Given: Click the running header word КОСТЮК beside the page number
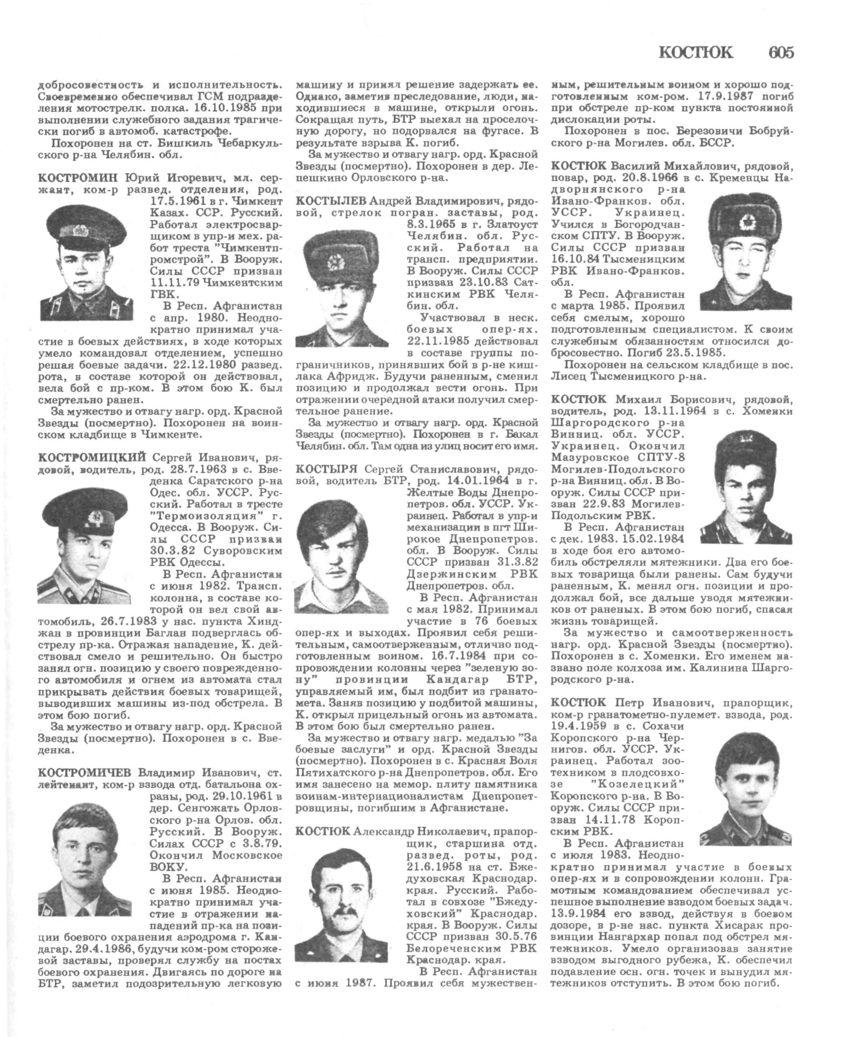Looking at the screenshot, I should click(x=696, y=52).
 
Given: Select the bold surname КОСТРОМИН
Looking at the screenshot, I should click(x=79, y=178).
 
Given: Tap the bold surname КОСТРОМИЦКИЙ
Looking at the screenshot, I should click(x=93, y=456).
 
